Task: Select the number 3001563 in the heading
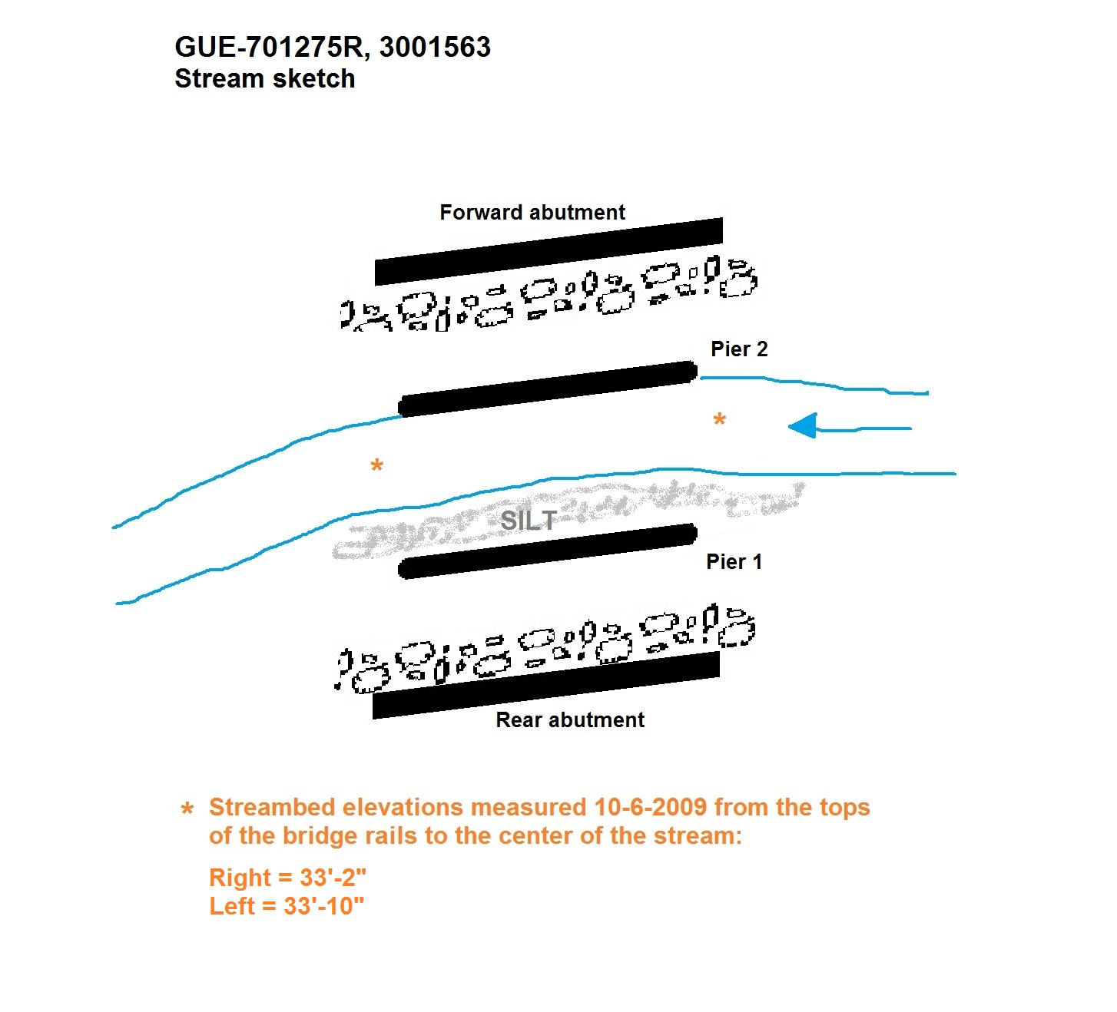(435, 47)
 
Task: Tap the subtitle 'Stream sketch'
(264, 78)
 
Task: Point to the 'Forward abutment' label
(532, 212)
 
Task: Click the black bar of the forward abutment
(549, 252)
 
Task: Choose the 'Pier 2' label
(739, 349)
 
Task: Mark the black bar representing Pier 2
(548, 389)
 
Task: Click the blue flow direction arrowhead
(803, 426)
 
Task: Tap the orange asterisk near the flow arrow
(719, 419)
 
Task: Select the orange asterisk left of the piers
(377, 465)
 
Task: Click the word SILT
(529, 521)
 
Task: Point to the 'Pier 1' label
(734, 561)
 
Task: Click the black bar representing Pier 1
(548, 551)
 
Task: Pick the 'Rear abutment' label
(569, 719)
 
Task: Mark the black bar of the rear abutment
(546, 685)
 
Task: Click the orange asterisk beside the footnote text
(187, 809)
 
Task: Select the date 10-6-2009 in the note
(651, 806)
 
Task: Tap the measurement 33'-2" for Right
(333, 878)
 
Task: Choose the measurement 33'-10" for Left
(323, 906)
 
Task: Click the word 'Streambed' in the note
(272, 806)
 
